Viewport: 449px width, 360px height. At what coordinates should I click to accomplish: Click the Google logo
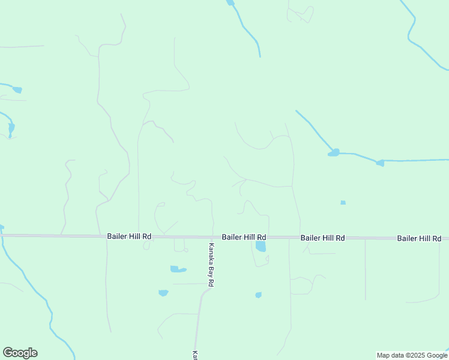coord(20,353)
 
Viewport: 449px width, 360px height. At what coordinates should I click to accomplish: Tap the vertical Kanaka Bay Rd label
coord(211,264)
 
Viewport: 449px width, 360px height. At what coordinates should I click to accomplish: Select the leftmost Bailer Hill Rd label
coord(129,236)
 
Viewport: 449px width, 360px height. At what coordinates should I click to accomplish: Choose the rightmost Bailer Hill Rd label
coord(419,238)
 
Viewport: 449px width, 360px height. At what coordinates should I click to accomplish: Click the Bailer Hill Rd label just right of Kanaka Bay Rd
coord(244,237)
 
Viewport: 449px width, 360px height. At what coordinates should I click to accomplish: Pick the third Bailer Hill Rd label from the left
coord(323,238)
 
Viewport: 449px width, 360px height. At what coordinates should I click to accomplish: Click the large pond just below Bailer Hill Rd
coord(261,246)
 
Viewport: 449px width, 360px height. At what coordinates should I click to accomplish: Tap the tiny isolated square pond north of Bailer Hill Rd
coord(343,203)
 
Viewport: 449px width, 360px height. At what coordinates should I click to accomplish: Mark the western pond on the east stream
coord(334,153)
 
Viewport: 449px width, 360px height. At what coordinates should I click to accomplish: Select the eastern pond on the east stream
coord(379,163)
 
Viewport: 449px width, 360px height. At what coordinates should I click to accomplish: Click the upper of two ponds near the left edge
coord(17,90)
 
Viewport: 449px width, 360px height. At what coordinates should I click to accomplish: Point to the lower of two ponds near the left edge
coord(11,128)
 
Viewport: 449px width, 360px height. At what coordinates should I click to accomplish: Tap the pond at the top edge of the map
coord(230,3)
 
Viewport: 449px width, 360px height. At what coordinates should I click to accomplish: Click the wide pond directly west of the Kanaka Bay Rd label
coord(178,269)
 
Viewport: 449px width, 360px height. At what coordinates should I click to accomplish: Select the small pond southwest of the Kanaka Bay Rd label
coord(163,293)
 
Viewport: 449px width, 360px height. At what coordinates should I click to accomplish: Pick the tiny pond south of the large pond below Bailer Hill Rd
coord(258,295)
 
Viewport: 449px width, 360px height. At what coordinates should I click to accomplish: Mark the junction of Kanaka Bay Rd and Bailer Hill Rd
coord(213,237)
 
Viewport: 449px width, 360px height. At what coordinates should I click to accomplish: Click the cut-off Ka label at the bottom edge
coord(195,355)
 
